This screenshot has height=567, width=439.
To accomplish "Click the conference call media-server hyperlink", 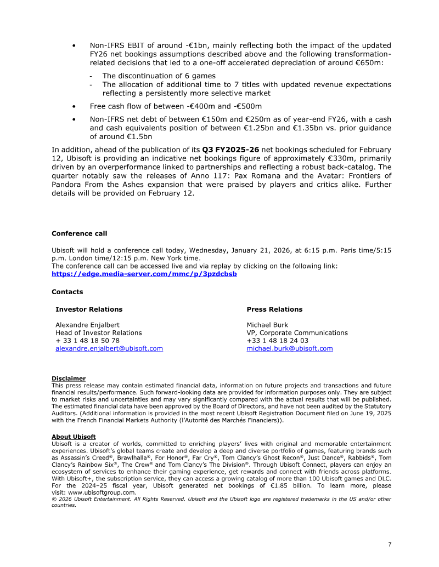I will [144, 274].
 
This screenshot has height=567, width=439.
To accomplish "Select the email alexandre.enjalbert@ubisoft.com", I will [109, 348].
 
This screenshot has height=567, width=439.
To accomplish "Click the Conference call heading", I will [79, 233].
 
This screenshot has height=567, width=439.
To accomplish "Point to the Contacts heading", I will [67, 292].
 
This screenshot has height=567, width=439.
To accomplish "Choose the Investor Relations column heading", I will [89, 309].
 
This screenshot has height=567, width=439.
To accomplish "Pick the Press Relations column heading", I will [274, 309].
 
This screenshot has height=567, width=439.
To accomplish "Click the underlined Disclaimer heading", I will [69, 379].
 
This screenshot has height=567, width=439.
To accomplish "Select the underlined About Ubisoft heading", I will [74, 437].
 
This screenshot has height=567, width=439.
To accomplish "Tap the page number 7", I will [390, 544].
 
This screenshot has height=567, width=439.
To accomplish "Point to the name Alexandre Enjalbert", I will [87, 325].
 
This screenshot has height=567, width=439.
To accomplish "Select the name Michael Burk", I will [267, 325].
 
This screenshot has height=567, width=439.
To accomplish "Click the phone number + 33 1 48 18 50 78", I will [87, 341].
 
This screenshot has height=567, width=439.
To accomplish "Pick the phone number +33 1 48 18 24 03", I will [277, 341].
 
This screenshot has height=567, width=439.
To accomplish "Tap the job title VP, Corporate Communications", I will [297, 333].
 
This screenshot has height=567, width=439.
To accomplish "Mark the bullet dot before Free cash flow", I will [74, 106].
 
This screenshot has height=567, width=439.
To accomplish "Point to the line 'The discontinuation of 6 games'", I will [159, 76].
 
